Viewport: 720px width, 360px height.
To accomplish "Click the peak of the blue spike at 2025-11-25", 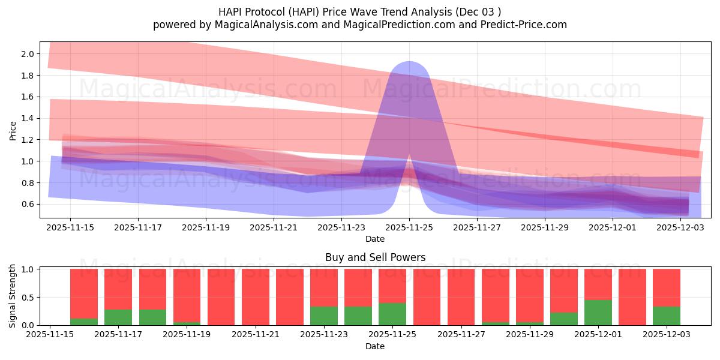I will tap(409, 65).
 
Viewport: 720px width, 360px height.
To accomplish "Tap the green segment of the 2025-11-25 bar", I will tap(392, 314).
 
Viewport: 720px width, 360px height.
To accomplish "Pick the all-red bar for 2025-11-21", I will tap(255, 297).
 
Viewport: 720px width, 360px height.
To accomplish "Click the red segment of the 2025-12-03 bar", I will tap(666, 287).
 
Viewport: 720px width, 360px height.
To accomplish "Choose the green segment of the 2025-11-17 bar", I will tap(118, 317).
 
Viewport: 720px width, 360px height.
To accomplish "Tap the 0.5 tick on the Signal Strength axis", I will tap(29, 297).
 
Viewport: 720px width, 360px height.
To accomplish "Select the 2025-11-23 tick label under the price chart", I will tap(341, 227).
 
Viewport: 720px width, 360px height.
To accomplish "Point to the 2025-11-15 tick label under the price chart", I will tap(70, 227).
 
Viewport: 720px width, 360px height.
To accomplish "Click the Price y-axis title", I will tap(13, 130).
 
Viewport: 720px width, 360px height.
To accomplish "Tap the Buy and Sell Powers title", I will tap(375, 257).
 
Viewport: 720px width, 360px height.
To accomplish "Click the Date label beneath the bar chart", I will tap(375, 346).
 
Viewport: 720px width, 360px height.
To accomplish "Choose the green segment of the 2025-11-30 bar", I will tap(563, 319).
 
